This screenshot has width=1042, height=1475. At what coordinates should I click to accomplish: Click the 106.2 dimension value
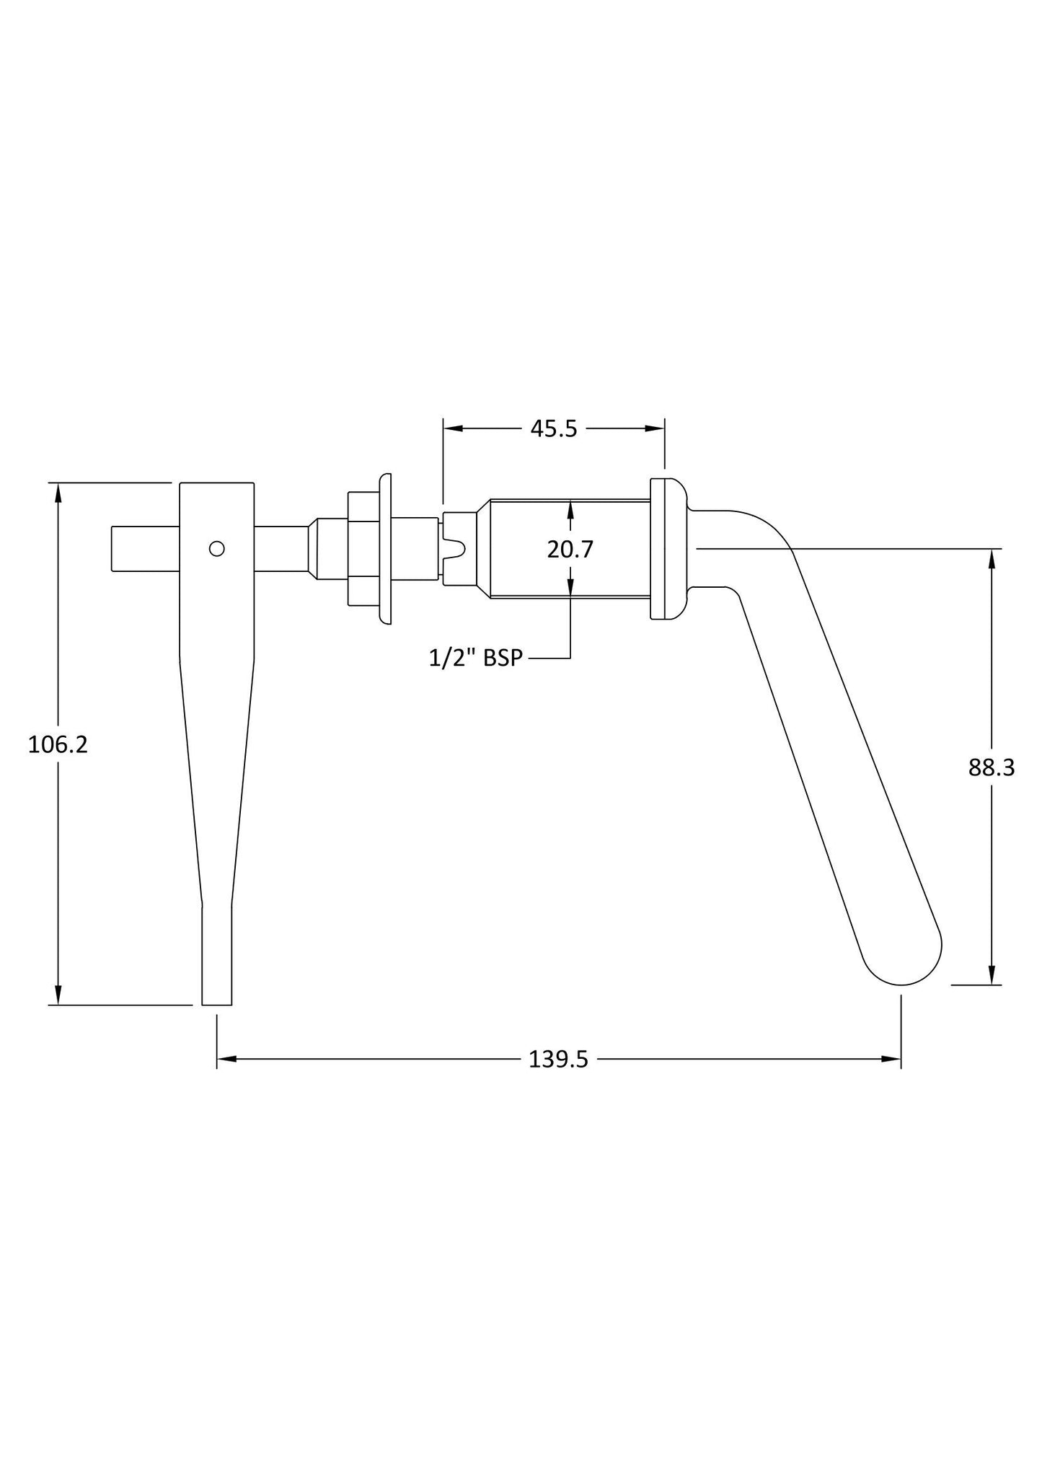pyautogui.click(x=58, y=744)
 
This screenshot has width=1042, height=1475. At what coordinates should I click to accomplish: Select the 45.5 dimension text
pyautogui.click(x=554, y=429)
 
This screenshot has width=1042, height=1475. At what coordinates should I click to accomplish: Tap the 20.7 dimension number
pyautogui.click(x=570, y=550)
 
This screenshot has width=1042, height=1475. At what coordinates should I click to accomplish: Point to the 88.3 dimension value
pyautogui.click(x=992, y=768)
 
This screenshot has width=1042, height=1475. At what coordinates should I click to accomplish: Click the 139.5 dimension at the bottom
pyautogui.click(x=558, y=1060)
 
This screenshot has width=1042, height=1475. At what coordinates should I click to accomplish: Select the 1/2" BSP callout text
pyautogui.click(x=475, y=658)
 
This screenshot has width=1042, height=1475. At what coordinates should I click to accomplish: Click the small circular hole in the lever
pyautogui.click(x=216, y=549)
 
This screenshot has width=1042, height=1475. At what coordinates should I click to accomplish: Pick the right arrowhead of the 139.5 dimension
pyautogui.click(x=892, y=1060)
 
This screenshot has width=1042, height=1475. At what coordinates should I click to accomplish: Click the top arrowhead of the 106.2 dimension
pyautogui.click(x=58, y=492)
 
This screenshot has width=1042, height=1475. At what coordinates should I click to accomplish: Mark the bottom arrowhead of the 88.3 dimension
pyautogui.click(x=992, y=975)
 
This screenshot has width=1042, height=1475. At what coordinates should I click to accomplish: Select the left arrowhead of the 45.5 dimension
pyautogui.click(x=452, y=429)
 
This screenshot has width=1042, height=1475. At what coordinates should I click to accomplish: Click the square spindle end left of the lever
pyautogui.click(x=144, y=549)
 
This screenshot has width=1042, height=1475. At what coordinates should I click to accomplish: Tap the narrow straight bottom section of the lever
pyautogui.click(x=216, y=952)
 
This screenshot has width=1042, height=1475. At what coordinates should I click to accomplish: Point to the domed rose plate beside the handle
pyautogui.click(x=669, y=549)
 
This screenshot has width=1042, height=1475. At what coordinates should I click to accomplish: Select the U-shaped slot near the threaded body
pyautogui.click(x=456, y=549)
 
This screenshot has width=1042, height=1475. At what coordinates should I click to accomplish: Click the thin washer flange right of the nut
pyautogui.click(x=385, y=549)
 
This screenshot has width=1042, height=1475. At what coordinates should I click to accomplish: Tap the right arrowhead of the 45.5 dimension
pyautogui.click(x=655, y=429)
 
